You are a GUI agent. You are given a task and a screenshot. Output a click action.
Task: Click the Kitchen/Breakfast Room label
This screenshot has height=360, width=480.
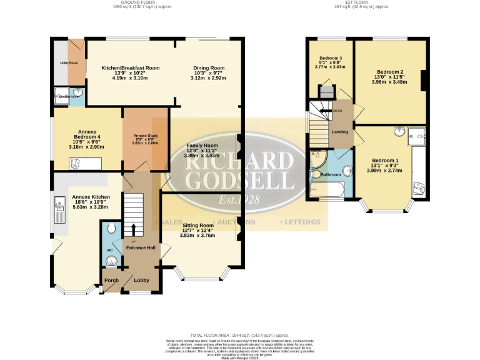131,67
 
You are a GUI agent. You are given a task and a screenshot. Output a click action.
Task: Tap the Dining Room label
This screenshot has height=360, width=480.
208,67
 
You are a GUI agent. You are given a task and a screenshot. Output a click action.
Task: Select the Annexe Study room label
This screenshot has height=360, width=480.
145,136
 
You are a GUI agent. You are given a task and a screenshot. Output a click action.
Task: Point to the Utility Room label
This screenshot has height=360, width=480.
69,63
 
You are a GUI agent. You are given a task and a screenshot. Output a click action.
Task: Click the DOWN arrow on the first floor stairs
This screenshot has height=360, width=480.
338,111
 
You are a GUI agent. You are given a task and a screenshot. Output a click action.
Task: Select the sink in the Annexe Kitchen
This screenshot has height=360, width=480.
60,202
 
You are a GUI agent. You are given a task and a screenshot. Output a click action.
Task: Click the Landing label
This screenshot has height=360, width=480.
339,132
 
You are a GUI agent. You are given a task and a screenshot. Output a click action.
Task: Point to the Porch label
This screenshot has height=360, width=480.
111,280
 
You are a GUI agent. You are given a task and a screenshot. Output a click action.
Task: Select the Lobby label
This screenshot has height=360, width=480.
141,280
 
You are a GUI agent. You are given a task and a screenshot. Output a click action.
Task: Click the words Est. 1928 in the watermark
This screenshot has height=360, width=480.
240,201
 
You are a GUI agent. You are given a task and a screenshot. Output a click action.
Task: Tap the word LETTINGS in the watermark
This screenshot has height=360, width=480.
303,222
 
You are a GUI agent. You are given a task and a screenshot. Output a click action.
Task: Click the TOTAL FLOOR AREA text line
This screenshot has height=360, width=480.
240,335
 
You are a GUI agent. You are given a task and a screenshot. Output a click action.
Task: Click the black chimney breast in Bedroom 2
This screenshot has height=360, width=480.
424,81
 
